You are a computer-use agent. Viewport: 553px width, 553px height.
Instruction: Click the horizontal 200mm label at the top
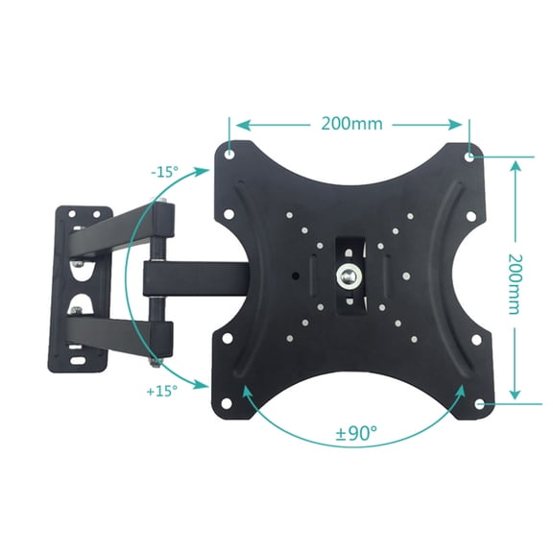tap(350, 124)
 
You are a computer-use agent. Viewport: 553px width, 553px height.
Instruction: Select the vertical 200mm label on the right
tap(516, 279)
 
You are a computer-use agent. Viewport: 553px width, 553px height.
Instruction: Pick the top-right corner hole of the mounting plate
tap(468, 156)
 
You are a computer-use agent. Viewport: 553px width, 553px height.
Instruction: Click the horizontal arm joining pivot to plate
tap(192, 279)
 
